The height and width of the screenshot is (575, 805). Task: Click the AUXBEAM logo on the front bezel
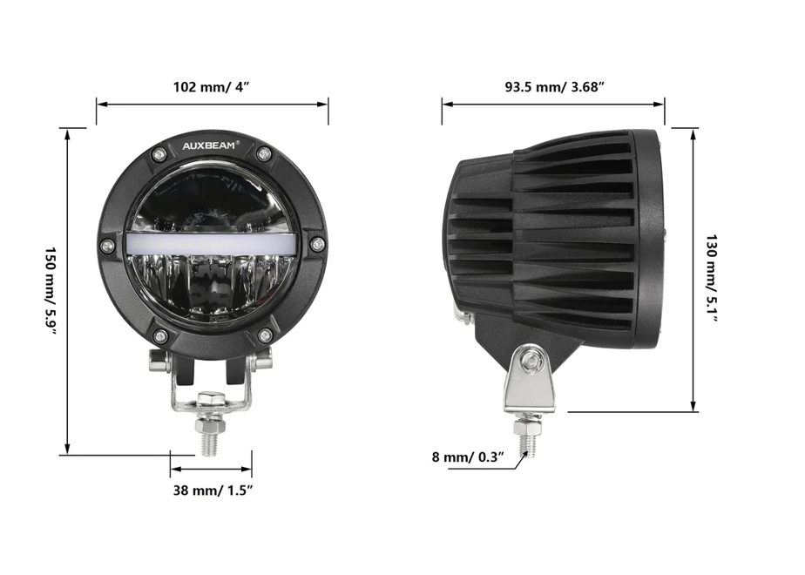pos(208,145)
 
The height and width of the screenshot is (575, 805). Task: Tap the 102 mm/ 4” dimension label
pos(211,87)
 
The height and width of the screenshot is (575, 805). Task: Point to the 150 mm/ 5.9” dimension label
pos(51,290)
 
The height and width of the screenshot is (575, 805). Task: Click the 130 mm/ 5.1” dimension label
pos(712,279)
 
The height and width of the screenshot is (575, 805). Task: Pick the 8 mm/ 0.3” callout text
pos(468,457)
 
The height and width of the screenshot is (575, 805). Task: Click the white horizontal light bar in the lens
pos(211,242)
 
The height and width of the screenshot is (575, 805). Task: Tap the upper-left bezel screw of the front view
pos(159,153)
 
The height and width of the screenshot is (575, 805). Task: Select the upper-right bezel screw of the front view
pos(264,153)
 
